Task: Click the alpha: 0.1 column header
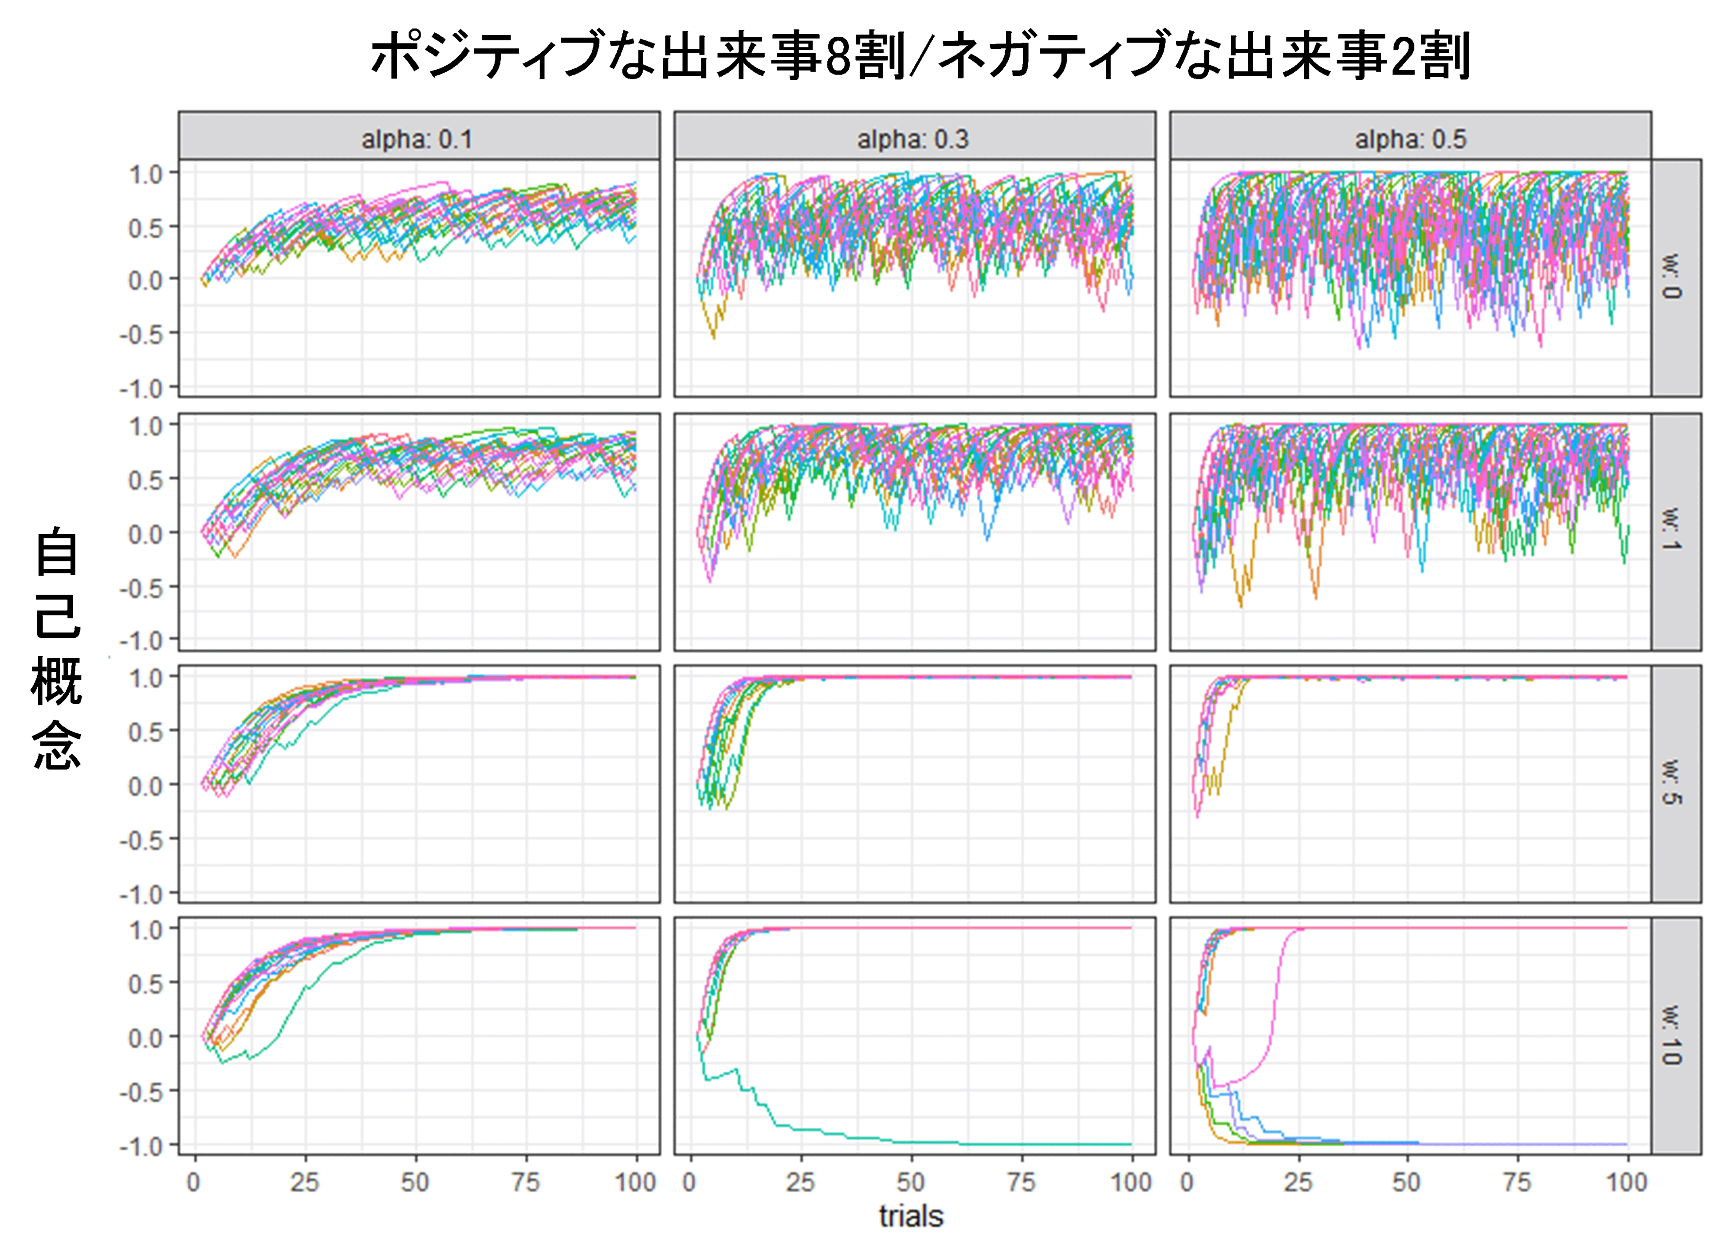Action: click(417, 139)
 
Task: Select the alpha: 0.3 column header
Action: click(913, 139)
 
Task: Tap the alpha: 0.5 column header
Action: click(1410, 139)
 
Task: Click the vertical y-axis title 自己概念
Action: click(57, 648)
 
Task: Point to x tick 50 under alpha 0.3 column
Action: click(911, 1182)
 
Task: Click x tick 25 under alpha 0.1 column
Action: click(304, 1182)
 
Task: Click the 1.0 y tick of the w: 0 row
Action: click(145, 175)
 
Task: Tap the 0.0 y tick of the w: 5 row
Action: click(145, 785)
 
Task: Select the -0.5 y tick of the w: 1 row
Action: click(142, 588)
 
